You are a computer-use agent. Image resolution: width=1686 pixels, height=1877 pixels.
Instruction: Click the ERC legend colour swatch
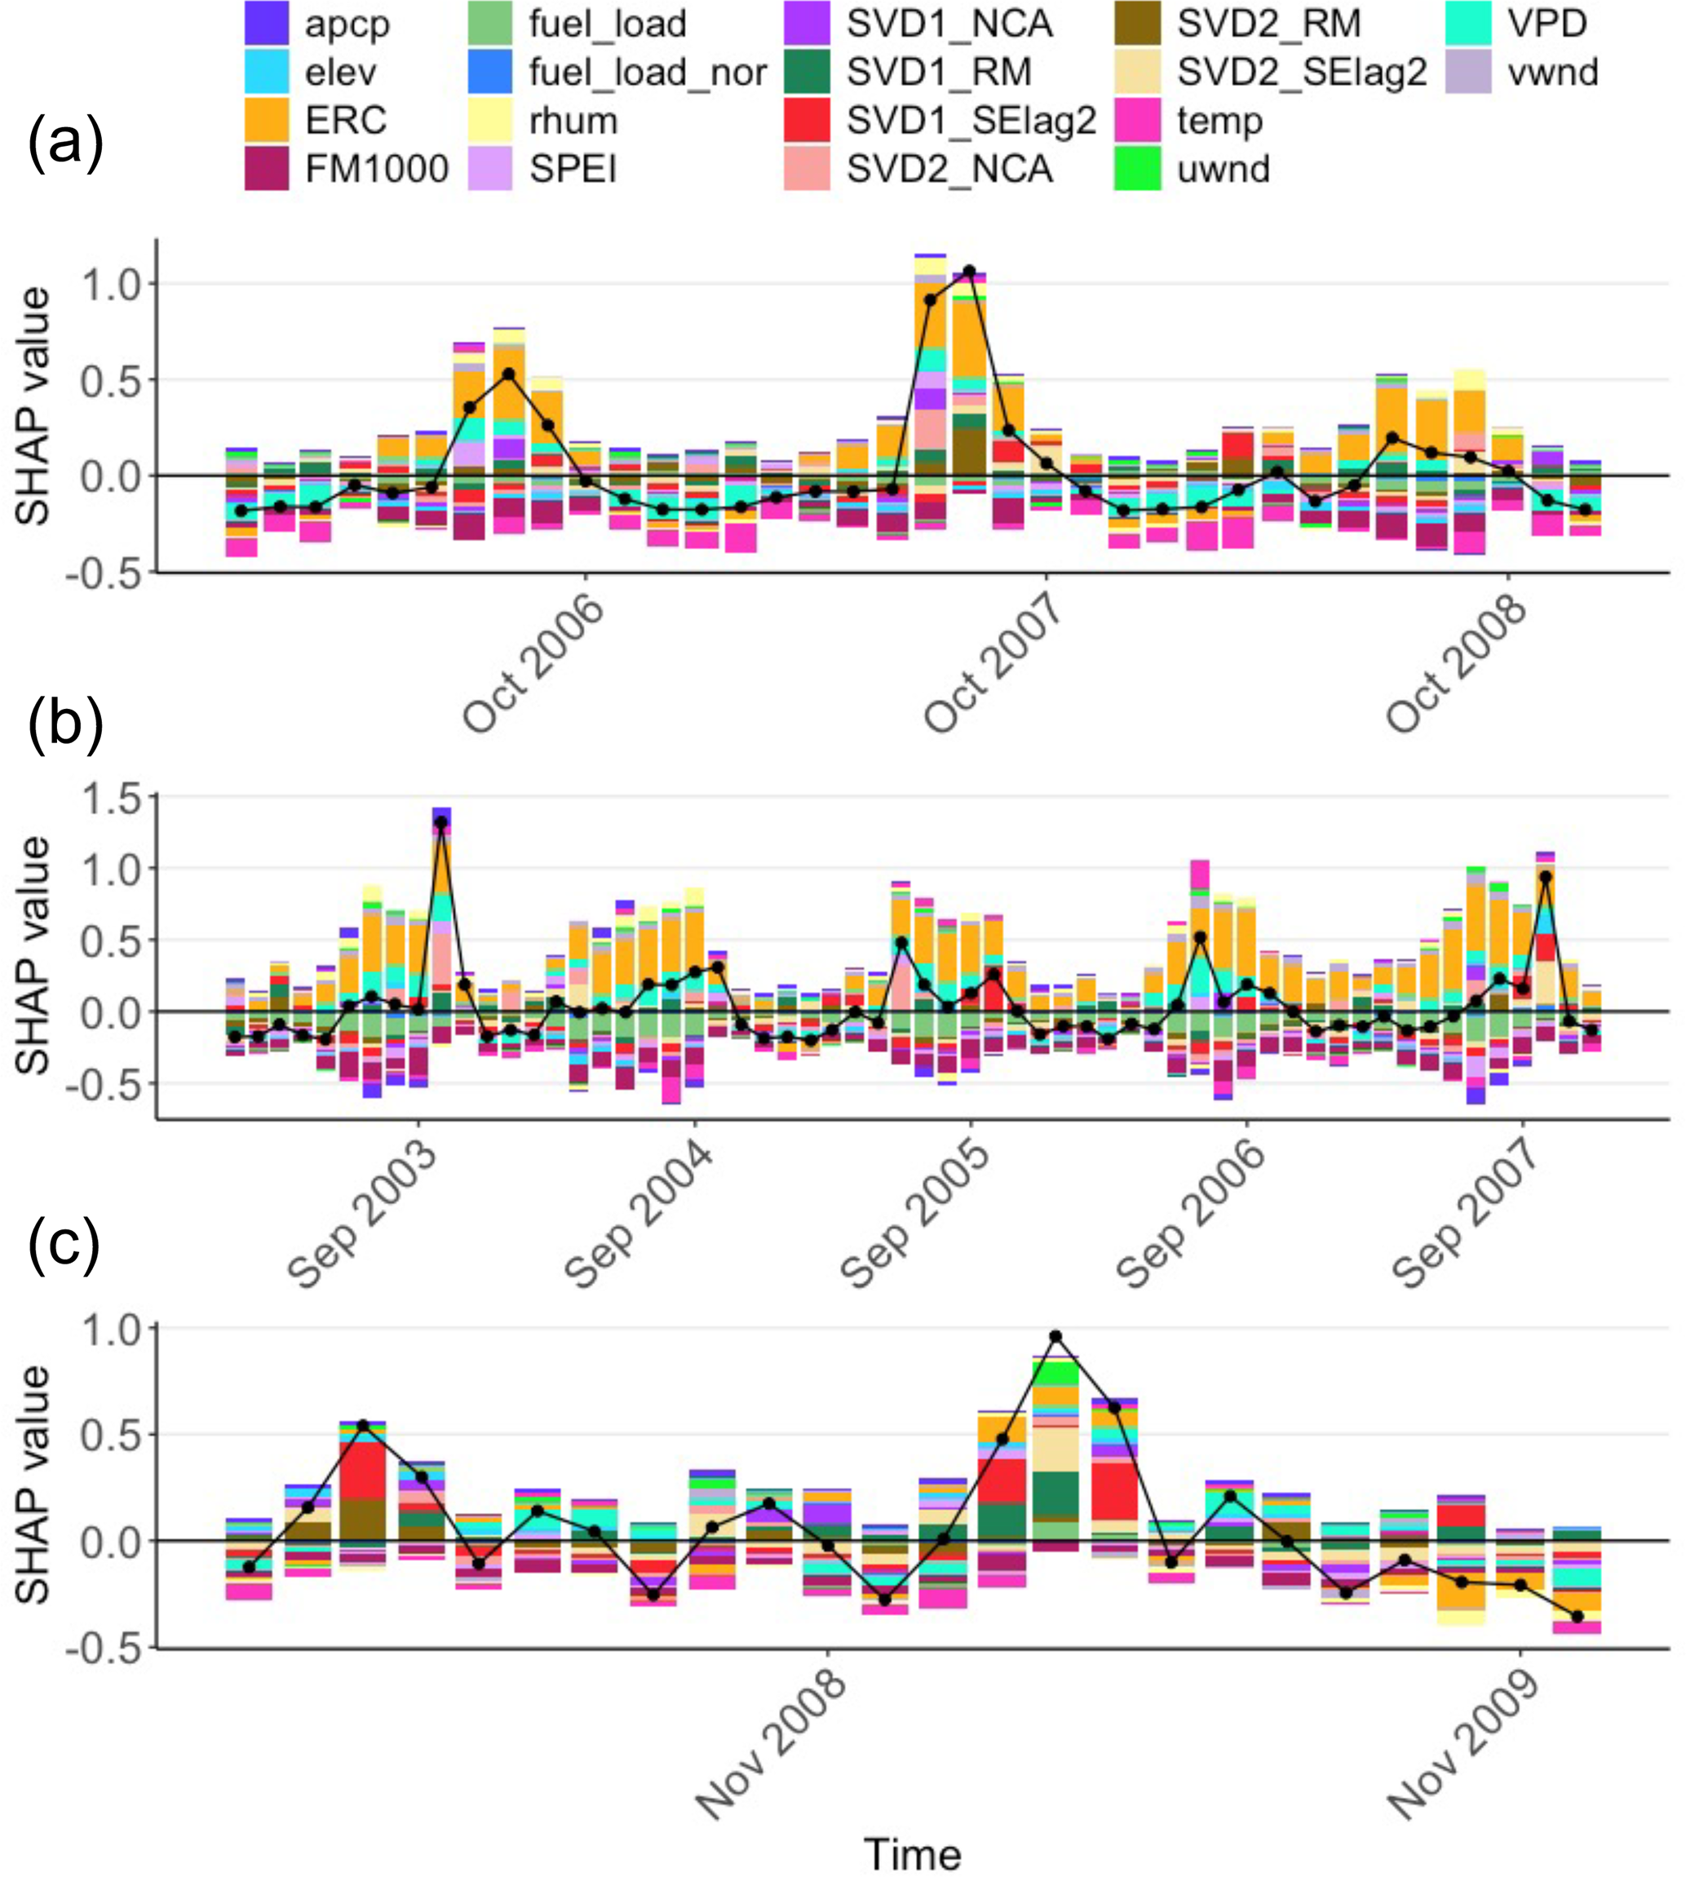pos(268,121)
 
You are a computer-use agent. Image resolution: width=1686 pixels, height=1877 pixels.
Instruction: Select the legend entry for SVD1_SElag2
pos(971,121)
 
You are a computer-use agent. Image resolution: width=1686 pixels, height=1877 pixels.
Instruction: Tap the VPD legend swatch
pos(1468,23)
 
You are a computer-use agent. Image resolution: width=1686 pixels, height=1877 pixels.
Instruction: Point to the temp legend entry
pos(1219,121)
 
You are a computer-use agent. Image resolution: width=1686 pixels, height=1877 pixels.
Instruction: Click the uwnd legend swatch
pos(1138,170)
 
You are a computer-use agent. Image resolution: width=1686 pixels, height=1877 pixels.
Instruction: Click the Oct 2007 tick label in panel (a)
pos(993,663)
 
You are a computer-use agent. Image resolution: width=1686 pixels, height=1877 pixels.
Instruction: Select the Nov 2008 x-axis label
pos(771,1746)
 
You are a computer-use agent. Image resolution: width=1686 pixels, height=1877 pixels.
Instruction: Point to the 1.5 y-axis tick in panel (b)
pos(109,798)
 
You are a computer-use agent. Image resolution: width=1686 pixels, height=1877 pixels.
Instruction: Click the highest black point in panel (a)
pos(969,272)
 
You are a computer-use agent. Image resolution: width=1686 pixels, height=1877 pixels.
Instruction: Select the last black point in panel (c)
pos(1578,1617)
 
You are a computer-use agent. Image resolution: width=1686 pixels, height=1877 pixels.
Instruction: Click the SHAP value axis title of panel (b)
pos(33,955)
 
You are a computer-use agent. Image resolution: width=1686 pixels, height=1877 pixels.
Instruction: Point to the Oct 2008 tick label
pos(1455,663)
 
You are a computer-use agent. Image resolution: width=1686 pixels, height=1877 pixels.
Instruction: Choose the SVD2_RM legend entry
pos(1268,23)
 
